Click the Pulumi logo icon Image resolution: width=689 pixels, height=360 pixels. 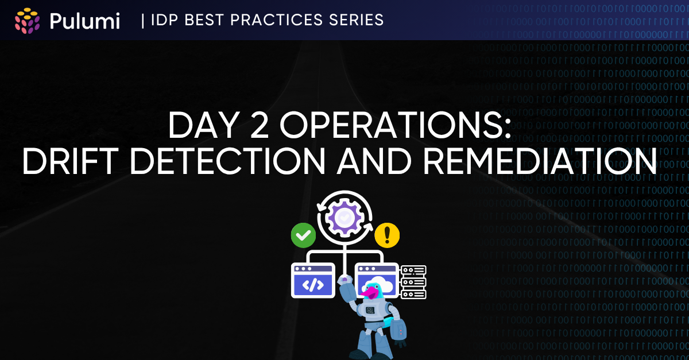(x=27, y=21)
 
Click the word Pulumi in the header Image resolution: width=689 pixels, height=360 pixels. (x=84, y=21)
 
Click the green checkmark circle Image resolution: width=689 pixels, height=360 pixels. (x=303, y=235)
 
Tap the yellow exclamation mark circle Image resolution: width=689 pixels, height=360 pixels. (x=387, y=235)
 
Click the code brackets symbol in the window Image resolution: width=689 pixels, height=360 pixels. (x=313, y=285)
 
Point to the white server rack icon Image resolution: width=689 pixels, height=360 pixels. (x=413, y=282)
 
